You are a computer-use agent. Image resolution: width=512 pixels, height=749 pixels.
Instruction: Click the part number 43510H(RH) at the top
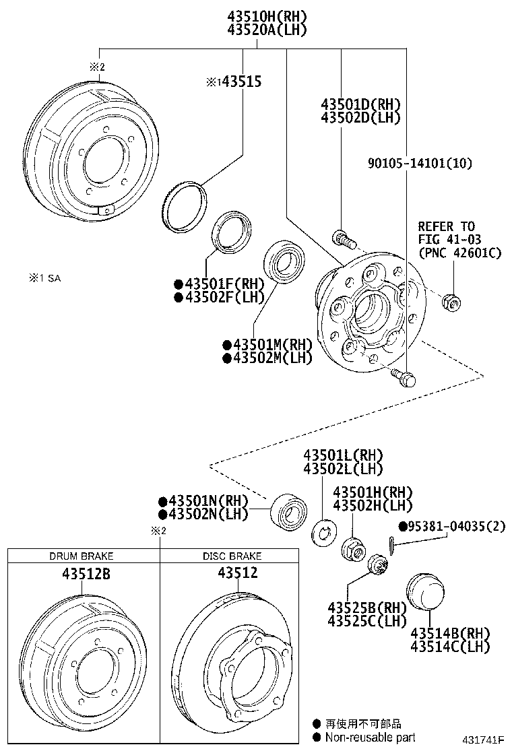pyautogui.click(x=258, y=15)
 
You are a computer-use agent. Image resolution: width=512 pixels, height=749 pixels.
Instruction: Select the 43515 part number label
pyautogui.click(x=239, y=82)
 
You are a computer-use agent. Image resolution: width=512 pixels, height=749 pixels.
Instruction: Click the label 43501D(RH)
pyautogui.click(x=361, y=104)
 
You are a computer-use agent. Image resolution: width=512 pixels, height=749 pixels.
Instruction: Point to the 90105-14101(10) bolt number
pyautogui.click(x=420, y=162)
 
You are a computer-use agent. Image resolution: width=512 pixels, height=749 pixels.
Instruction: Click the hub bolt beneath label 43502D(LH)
pyautogui.click(x=343, y=238)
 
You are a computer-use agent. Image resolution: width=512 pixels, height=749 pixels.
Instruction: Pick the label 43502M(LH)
pyautogui.click(x=268, y=358)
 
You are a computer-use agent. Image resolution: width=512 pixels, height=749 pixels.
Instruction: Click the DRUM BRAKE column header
pyautogui.click(x=82, y=556)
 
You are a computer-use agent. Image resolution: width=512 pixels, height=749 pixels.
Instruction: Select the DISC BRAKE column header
pyautogui.click(x=232, y=556)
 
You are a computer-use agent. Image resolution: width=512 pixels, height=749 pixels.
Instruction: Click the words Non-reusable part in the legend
pyautogui.click(x=370, y=738)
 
